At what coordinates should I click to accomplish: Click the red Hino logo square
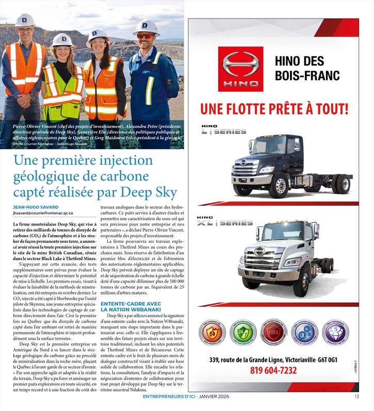pos(240,69)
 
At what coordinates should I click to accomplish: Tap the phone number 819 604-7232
pos(273,370)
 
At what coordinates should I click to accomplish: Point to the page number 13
pos(356,397)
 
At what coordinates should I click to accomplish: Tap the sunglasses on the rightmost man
pos(145,36)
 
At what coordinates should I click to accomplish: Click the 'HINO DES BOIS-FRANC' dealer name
pos(307,69)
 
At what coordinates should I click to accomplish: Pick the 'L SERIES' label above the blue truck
pos(224,130)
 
